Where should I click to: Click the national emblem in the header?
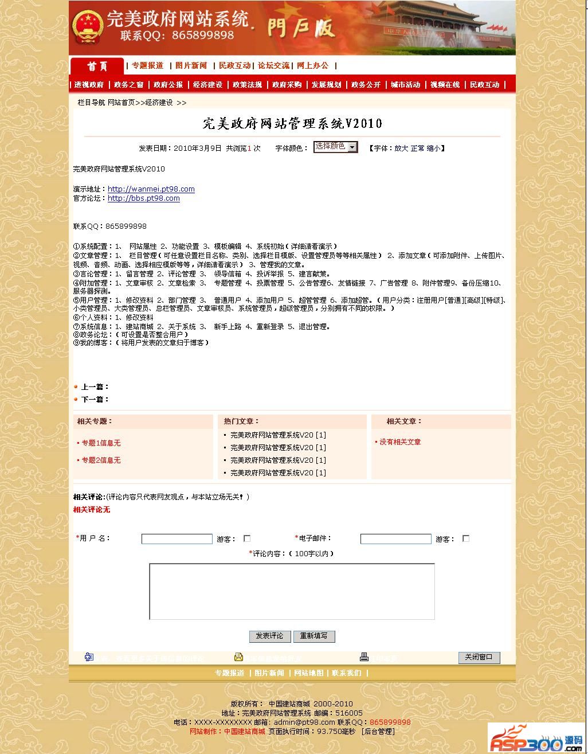(x=87, y=27)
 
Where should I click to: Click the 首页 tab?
(x=97, y=66)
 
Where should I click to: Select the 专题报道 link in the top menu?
(x=148, y=65)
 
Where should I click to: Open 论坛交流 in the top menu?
(x=273, y=65)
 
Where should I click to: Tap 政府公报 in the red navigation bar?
(x=168, y=85)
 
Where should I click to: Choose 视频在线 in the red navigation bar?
(x=445, y=85)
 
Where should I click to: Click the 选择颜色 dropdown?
(x=335, y=147)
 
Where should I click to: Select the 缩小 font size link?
(x=433, y=148)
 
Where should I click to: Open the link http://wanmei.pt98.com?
(x=151, y=189)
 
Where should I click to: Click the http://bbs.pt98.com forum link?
(x=144, y=198)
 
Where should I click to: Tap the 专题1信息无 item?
(x=101, y=443)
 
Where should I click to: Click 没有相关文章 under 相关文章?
(x=400, y=442)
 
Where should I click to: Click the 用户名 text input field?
(x=177, y=539)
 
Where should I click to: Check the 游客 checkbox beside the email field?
(x=466, y=538)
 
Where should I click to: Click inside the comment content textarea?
(x=292, y=591)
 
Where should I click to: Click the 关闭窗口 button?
(x=479, y=657)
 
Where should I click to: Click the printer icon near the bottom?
(x=364, y=657)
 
